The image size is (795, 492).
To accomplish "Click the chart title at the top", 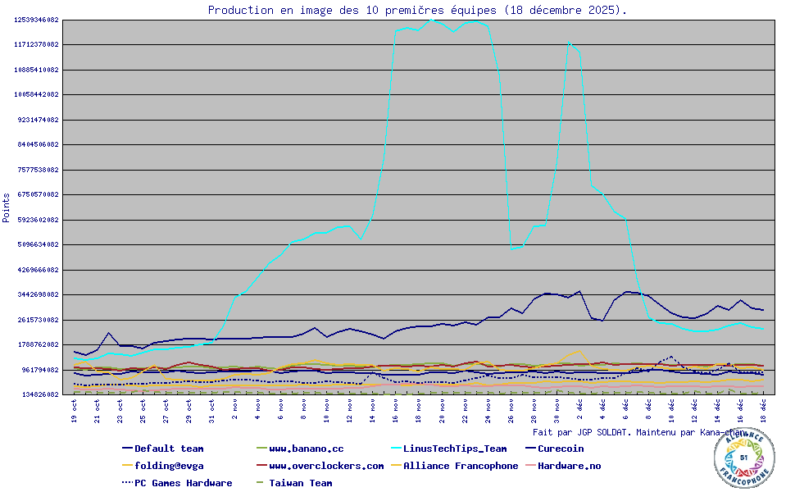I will point(417,10).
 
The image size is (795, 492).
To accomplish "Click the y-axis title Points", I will point(7,207).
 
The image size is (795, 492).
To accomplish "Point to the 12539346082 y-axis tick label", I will point(37,20).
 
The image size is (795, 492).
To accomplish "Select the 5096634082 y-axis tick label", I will point(37,244).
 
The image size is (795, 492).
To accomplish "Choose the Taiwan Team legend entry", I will point(300,483).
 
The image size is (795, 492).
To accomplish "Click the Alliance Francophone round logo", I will point(743,458).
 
